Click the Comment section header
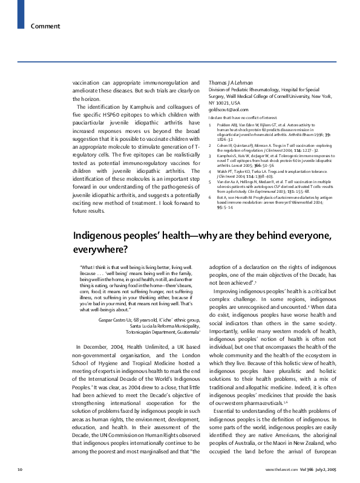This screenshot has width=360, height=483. pyautogui.click(x=45, y=26)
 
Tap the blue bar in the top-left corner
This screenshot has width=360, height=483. pyautogui.click(x=21, y=7)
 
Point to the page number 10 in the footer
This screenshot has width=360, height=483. pyautogui.click(x=20, y=468)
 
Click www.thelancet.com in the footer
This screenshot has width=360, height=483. pyautogui.click(x=281, y=468)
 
